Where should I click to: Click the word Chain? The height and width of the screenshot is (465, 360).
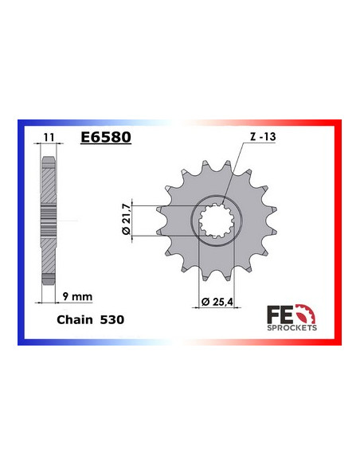click(74, 318)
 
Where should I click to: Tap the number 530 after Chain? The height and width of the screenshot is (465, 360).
click(112, 318)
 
